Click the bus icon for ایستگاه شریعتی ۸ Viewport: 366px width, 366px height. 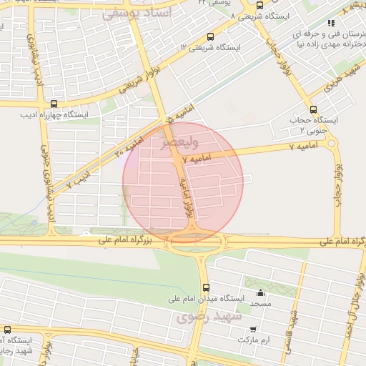[259, 7]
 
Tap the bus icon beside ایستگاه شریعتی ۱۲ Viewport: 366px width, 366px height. [209, 36]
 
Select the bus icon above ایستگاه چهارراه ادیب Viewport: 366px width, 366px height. [54, 103]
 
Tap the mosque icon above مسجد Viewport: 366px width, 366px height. [260, 292]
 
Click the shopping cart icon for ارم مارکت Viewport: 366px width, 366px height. [254, 330]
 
